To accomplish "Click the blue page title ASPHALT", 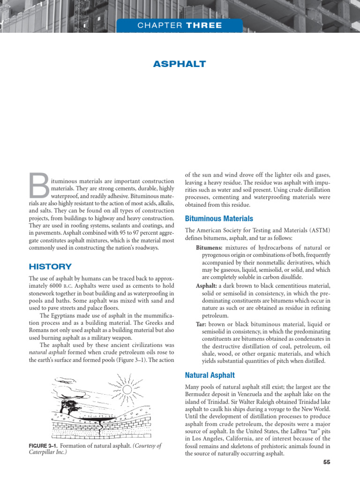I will pyautogui.click(x=180, y=64).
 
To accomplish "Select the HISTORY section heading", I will pyautogui.click(x=50, y=267).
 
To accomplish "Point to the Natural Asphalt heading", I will pyautogui.click(x=210, y=375).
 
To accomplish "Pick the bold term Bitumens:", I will pyautogui.click(x=210, y=247).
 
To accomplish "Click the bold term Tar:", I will pyautogui.click(x=201, y=324).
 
